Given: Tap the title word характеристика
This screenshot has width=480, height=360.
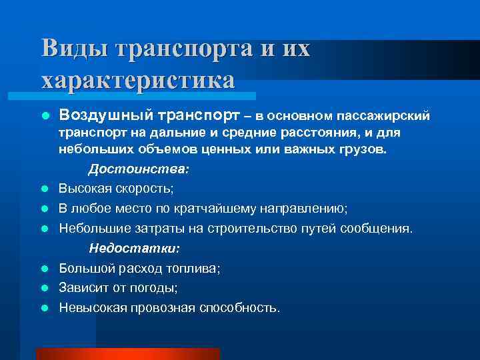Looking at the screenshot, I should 138,79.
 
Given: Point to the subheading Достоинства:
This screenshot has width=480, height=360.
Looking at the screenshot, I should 139,170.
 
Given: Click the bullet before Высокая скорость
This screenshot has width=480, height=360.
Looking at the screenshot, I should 45,189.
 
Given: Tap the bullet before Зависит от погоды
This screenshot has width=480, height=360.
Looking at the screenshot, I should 45,287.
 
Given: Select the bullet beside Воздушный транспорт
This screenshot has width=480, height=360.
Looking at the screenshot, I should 45,117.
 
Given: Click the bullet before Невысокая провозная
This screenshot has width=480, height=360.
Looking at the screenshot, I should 45,307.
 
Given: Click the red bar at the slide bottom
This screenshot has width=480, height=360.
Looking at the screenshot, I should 127,354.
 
